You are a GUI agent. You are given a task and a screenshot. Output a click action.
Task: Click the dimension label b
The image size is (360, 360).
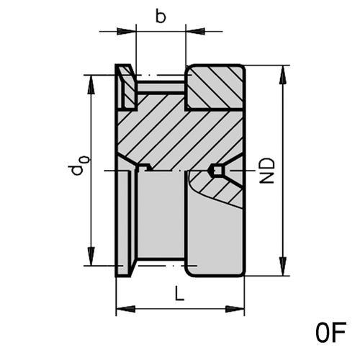click(161, 17)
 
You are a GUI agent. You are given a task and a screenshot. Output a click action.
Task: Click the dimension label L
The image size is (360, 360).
click(179, 293)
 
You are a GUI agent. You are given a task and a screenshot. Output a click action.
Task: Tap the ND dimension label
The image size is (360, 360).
click(267, 171)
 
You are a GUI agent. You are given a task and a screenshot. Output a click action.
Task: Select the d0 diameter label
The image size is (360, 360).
click(78, 166)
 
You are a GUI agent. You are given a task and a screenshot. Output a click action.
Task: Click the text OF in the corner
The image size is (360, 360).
click(331, 333)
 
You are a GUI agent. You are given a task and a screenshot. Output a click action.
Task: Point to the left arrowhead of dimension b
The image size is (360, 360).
click(127, 31)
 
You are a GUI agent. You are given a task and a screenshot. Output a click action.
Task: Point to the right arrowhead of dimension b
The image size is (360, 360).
click(195, 31)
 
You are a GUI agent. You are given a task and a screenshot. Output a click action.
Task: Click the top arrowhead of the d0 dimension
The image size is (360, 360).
click(91, 85)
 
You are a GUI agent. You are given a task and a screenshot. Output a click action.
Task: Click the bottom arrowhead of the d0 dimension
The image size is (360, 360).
click(91, 256)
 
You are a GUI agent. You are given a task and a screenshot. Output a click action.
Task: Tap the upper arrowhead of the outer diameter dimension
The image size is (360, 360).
click(283, 75)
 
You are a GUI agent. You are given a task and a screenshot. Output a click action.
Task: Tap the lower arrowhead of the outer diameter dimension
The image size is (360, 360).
click(283, 266)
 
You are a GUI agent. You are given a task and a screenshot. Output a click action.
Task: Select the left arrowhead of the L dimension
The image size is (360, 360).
click(125, 309)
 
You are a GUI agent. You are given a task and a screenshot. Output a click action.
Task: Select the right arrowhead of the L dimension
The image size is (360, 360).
click(235, 309)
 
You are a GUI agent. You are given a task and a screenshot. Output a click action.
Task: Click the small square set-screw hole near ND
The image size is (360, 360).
click(217, 171)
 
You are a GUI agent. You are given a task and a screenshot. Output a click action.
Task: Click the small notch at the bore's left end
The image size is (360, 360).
click(143, 168)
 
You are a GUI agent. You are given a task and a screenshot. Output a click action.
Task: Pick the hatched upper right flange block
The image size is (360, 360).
click(215, 87)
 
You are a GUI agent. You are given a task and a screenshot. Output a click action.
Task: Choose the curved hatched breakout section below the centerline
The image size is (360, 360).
click(217, 187)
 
